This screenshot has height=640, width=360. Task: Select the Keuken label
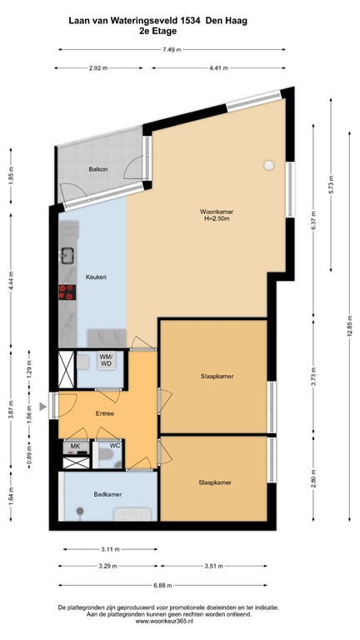point(96,277)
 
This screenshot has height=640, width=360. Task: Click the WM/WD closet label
point(107,361)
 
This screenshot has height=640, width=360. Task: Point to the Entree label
point(104,412)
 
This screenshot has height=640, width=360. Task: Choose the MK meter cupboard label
point(74,447)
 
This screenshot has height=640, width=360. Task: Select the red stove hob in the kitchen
point(67,292)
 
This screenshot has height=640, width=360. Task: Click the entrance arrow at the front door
point(42,406)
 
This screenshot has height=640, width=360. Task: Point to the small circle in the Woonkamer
point(268,165)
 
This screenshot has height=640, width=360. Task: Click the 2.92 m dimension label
point(98,68)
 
